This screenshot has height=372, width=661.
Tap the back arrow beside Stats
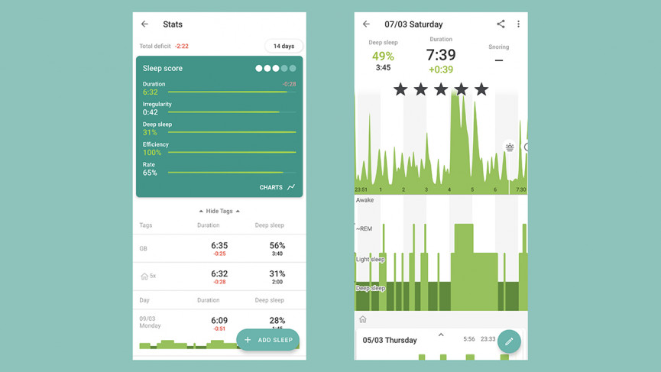144,24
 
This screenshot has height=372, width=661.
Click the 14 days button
284,46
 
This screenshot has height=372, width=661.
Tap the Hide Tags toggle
219,211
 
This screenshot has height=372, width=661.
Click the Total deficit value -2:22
182,47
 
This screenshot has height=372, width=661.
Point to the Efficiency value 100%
152,153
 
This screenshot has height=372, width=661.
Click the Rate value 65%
150,173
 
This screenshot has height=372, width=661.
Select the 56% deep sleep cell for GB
277,245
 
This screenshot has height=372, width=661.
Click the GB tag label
144,249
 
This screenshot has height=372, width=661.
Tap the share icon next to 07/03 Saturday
501,24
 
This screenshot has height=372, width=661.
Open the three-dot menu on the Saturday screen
518,24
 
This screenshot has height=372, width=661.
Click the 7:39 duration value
441,55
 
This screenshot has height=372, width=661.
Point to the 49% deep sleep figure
383,56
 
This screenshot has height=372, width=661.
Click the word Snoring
498,47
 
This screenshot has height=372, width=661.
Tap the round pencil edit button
509,341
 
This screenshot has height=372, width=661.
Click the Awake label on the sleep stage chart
365,200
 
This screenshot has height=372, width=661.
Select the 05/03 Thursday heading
390,340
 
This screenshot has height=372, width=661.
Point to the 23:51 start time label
361,189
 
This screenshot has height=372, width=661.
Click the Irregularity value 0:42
151,112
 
